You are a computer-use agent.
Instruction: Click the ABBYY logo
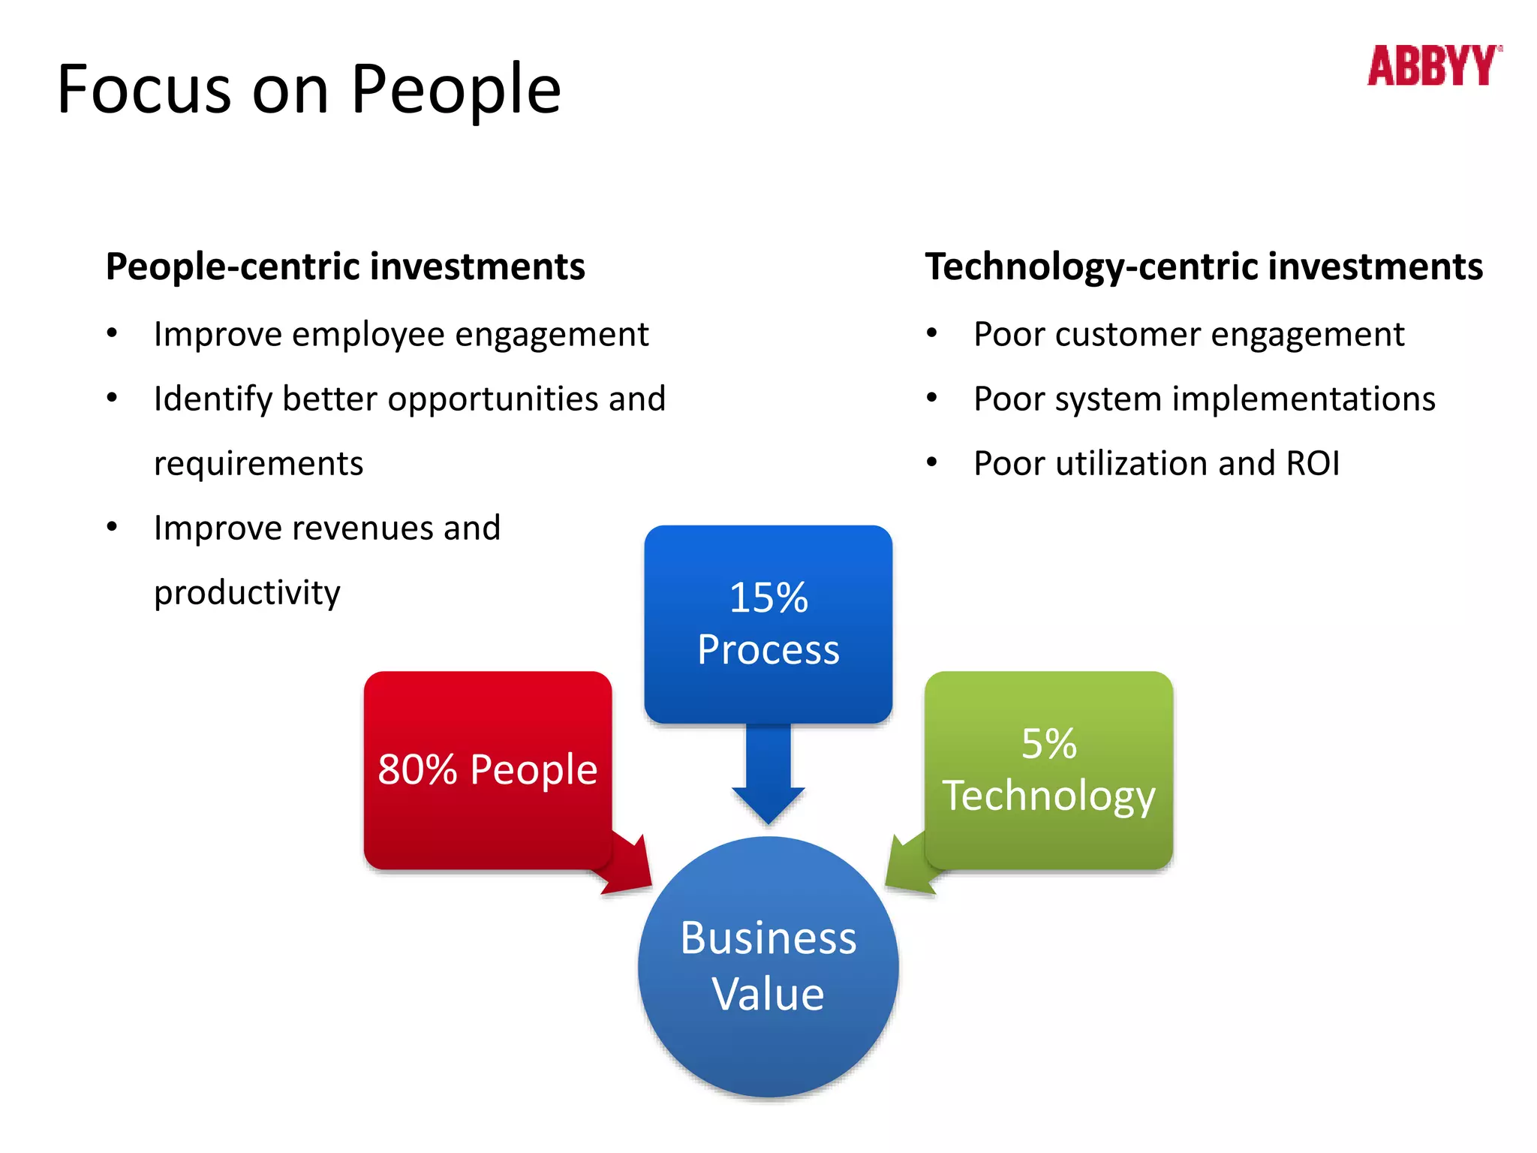point(1433,66)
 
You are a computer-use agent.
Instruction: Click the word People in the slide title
point(456,90)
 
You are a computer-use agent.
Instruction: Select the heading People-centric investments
point(345,267)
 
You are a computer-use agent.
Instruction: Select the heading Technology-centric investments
point(1204,267)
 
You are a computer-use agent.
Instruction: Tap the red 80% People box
point(487,769)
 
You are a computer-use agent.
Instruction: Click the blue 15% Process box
point(768,623)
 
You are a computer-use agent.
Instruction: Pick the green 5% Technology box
point(1048,769)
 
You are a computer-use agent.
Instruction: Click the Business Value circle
point(768,966)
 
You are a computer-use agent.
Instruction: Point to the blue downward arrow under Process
point(768,781)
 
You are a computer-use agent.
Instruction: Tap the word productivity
point(247,593)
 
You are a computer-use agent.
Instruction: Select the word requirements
point(258,464)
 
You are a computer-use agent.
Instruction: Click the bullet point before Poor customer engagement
point(931,333)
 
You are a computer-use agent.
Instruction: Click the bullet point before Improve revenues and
point(112,527)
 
